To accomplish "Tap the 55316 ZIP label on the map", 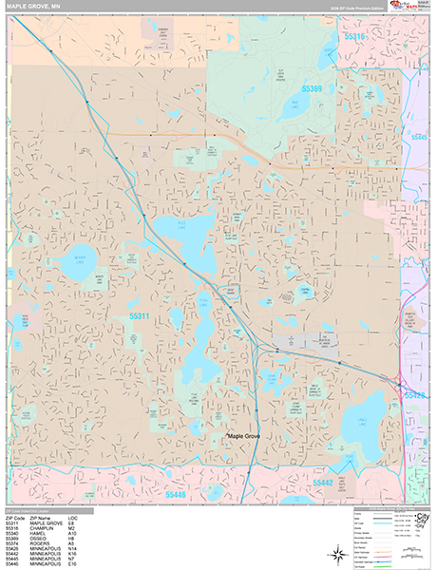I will click(x=354, y=36).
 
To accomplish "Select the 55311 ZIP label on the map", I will click(x=140, y=315).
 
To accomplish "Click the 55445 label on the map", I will click(x=421, y=137).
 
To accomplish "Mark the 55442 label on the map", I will click(x=324, y=484).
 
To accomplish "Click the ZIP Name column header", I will click(x=42, y=518).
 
